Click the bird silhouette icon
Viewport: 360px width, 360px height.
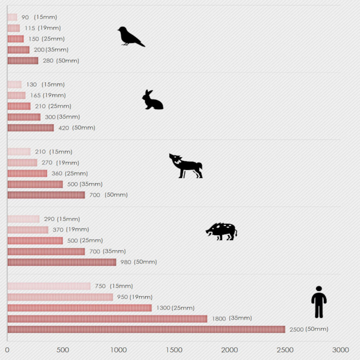click(130, 37)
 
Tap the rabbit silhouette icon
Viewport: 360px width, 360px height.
click(152, 100)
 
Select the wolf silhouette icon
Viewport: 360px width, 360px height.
click(186, 166)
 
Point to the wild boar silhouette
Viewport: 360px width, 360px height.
click(221, 231)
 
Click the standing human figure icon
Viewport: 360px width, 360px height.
click(319, 302)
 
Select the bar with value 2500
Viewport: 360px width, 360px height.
click(146, 329)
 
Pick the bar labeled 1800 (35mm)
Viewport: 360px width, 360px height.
click(107, 319)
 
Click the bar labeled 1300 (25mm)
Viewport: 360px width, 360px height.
click(80, 308)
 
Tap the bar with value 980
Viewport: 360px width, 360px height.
click(62, 262)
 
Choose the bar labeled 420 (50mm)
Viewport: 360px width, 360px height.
click(31, 128)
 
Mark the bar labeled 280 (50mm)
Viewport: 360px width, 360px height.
click(23, 60)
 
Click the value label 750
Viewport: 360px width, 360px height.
click(100, 286)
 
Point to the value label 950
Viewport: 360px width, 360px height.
click(122, 297)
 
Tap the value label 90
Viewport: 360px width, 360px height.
click(25, 17)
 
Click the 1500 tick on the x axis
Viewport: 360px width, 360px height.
click(174, 350)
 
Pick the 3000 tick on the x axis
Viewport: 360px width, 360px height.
click(341, 350)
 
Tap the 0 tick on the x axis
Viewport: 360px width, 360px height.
click(7, 350)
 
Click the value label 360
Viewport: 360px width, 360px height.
click(57, 174)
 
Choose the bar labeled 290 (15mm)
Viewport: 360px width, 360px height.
click(23, 219)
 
